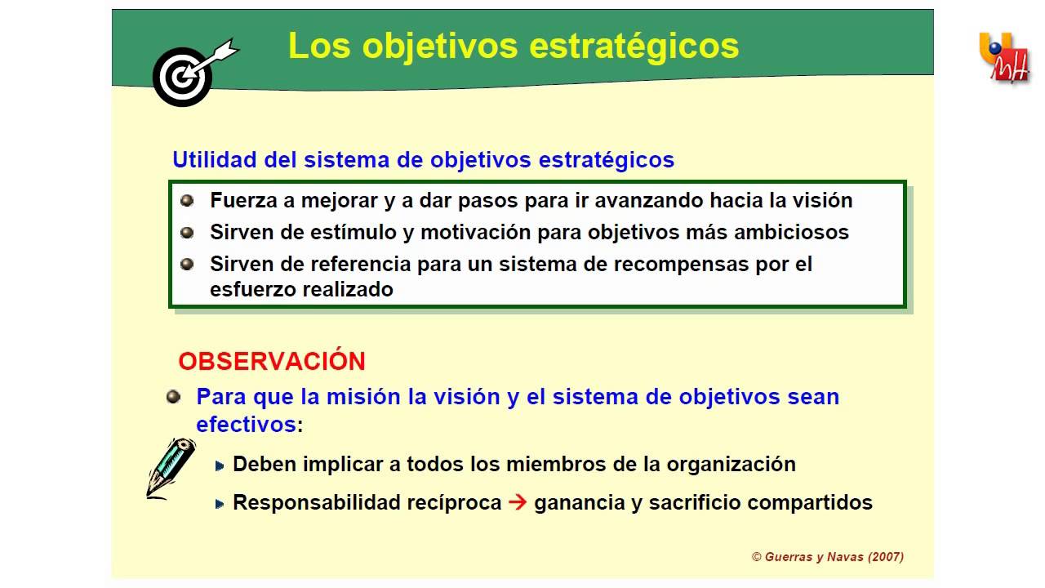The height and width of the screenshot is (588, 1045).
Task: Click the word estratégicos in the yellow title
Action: pyautogui.click(x=634, y=47)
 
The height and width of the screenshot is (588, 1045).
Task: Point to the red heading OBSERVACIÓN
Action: pyautogui.click(x=272, y=361)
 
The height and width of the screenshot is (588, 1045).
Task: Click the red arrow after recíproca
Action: pyautogui.click(x=518, y=502)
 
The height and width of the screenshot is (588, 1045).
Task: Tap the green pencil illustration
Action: pyautogui.click(x=171, y=469)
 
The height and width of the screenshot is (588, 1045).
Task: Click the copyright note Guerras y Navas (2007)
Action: pyautogui.click(x=828, y=557)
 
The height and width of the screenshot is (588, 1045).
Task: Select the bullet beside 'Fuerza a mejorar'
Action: pyautogui.click(x=187, y=201)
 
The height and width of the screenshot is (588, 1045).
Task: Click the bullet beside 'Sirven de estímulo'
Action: pyautogui.click(x=187, y=233)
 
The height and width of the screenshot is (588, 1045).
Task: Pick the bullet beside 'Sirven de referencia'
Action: pyautogui.click(x=187, y=264)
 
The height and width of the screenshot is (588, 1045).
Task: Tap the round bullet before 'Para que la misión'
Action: pyautogui.click(x=174, y=397)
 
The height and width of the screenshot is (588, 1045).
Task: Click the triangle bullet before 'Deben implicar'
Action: pyautogui.click(x=220, y=465)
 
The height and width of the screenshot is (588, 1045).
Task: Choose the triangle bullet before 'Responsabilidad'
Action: pyautogui.click(x=220, y=504)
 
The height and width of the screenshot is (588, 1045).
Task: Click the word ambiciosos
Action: pyautogui.click(x=791, y=232)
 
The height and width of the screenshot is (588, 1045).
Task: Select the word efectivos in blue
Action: pyautogui.click(x=246, y=424)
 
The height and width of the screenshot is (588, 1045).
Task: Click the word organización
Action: pyautogui.click(x=731, y=465)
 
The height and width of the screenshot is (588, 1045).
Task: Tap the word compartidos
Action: pyautogui.click(x=810, y=503)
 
